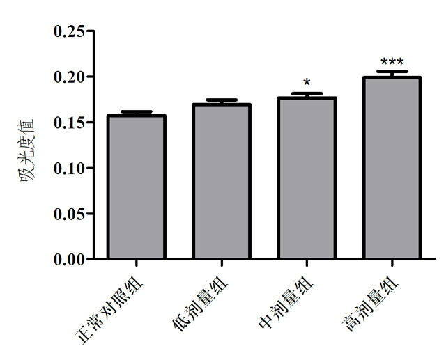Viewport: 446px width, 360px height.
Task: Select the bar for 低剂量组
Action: (222, 182)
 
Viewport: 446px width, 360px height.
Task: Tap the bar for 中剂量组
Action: (307, 179)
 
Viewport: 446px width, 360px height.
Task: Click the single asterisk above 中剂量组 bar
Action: (307, 84)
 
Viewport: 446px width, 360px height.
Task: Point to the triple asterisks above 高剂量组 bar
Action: (392, 62)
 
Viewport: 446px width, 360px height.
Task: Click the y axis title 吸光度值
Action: (28, 146)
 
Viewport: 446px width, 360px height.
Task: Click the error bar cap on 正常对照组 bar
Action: (136, 111)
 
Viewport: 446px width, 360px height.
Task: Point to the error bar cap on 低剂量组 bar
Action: (222, 100)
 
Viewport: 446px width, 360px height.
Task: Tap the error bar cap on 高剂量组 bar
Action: (392, 72)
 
